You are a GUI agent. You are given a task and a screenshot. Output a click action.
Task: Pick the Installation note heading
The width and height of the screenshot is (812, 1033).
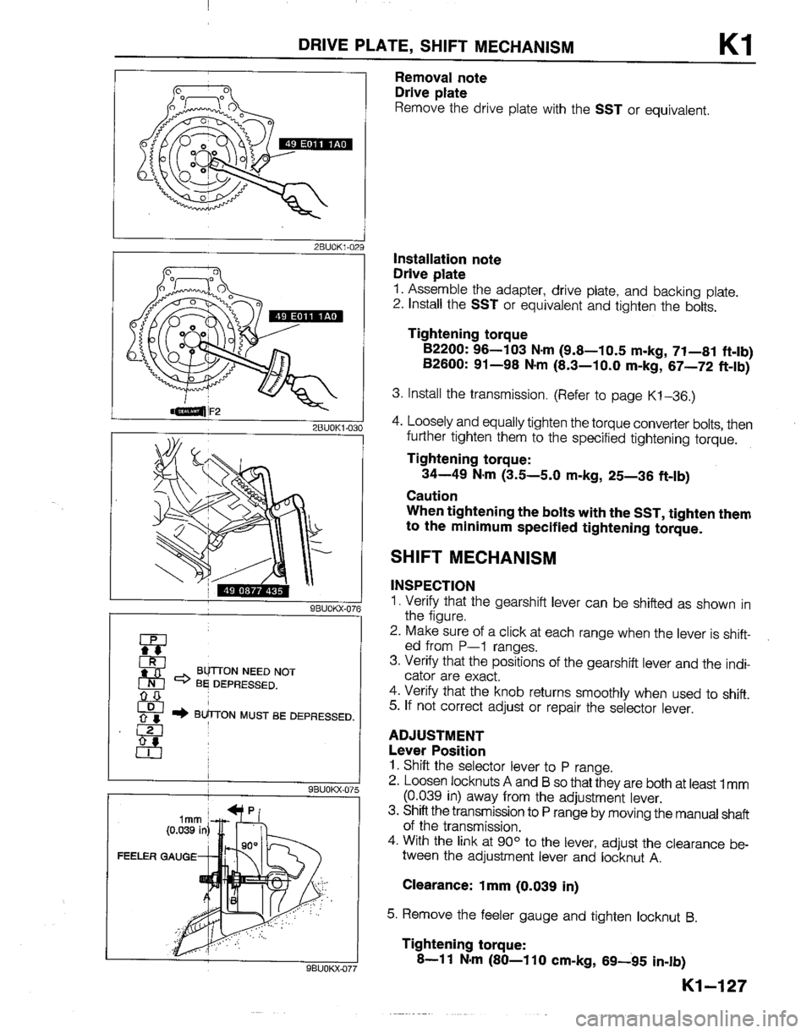click(x=447, y=251)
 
